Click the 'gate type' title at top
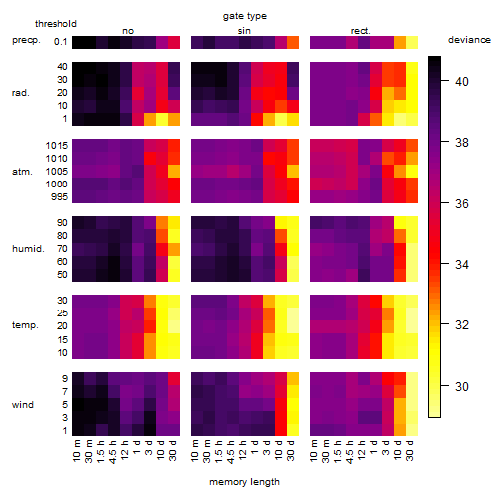pyautogui.click(x=245, y=16)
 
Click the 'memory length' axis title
pyautogui.click(x=244, y=482)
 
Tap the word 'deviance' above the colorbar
pyautogui.click(x=469, y=40)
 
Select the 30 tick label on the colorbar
pyautogui.click(x=462, y=386)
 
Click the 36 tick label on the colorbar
pyautogui.click(x=462, y=203)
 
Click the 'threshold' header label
pyautogui.click(x=56, y=24)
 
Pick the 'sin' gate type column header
pyautogui.click(x=244, y=31)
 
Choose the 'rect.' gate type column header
pyautogui.click(x=361, y=31)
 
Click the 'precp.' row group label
pyautogui.click(x=26, y=40)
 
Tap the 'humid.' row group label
pyautogui.click(x=28, y=249)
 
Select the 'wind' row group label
pyautogui.click(x=23, y=405)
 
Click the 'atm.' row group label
pyautogui.click(x=22, y=172)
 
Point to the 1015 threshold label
pyautogui.click(x=57, y=146)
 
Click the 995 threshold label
pyautogui.click(x=60, y=197)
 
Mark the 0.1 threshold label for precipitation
pyautogui.click(x=61, y=42)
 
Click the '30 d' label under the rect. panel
pyautogui.click(x=410, y=450)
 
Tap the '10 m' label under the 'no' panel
pyautogui.click(x=76, y=451)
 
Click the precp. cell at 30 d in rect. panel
pyautogui.click(x=412, y=43)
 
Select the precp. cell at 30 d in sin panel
pyautogui.click(x=293, y=43)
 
